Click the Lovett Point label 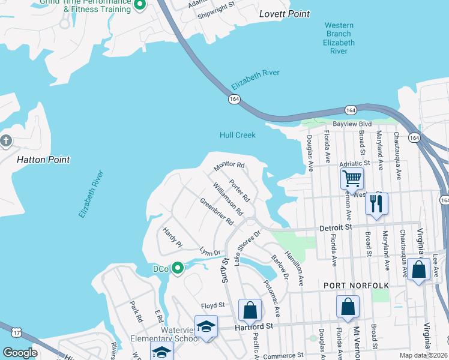pos(285,14)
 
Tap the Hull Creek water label pos(237,135)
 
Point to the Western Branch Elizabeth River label pos(339,38)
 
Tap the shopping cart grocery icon pos(351,178)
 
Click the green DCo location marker pos(177,268)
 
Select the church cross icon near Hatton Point pos(6,141)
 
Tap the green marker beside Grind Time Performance pos(140,5)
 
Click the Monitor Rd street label pos(230,165)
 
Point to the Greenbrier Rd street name pos(216,211)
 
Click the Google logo pos(20,352)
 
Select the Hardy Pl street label pos(172,238)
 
